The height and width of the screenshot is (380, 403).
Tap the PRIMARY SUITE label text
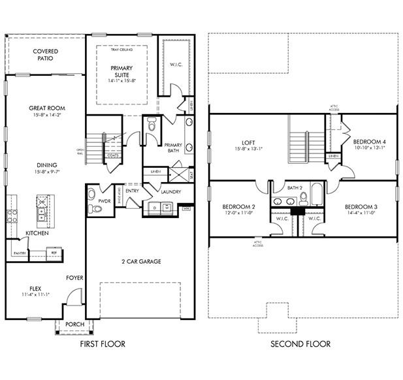[x=121, y=72]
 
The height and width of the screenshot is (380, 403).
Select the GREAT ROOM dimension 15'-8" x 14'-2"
[x=46, y=116]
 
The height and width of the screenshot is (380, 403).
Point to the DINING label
[x=46, y=165]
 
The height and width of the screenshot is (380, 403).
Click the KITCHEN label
[x=37, y=233]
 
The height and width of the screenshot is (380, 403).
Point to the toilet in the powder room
[x=97, y=208]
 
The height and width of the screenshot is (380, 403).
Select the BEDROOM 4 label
[x=369, y=142]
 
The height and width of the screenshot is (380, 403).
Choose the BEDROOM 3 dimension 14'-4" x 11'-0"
[x=361, y=213]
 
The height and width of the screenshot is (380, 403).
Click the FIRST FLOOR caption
[x=102, y=343]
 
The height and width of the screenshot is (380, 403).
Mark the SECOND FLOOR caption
[x=301, y=343]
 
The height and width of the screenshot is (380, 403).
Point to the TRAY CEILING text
[x=122, y=50]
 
